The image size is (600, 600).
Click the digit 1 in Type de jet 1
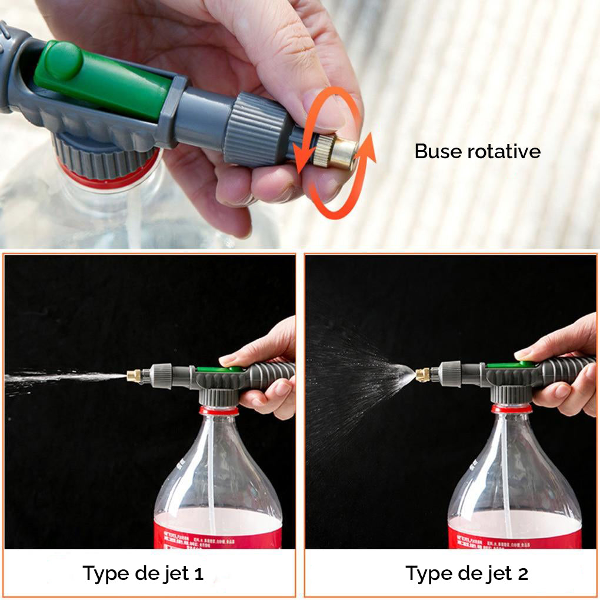198,574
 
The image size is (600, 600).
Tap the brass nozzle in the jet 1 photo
134,375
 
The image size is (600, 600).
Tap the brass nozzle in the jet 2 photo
422,375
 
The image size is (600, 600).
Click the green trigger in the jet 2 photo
509,365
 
